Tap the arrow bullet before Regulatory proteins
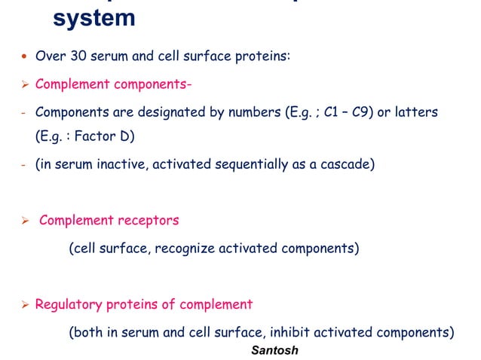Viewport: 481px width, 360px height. point(24,304)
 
